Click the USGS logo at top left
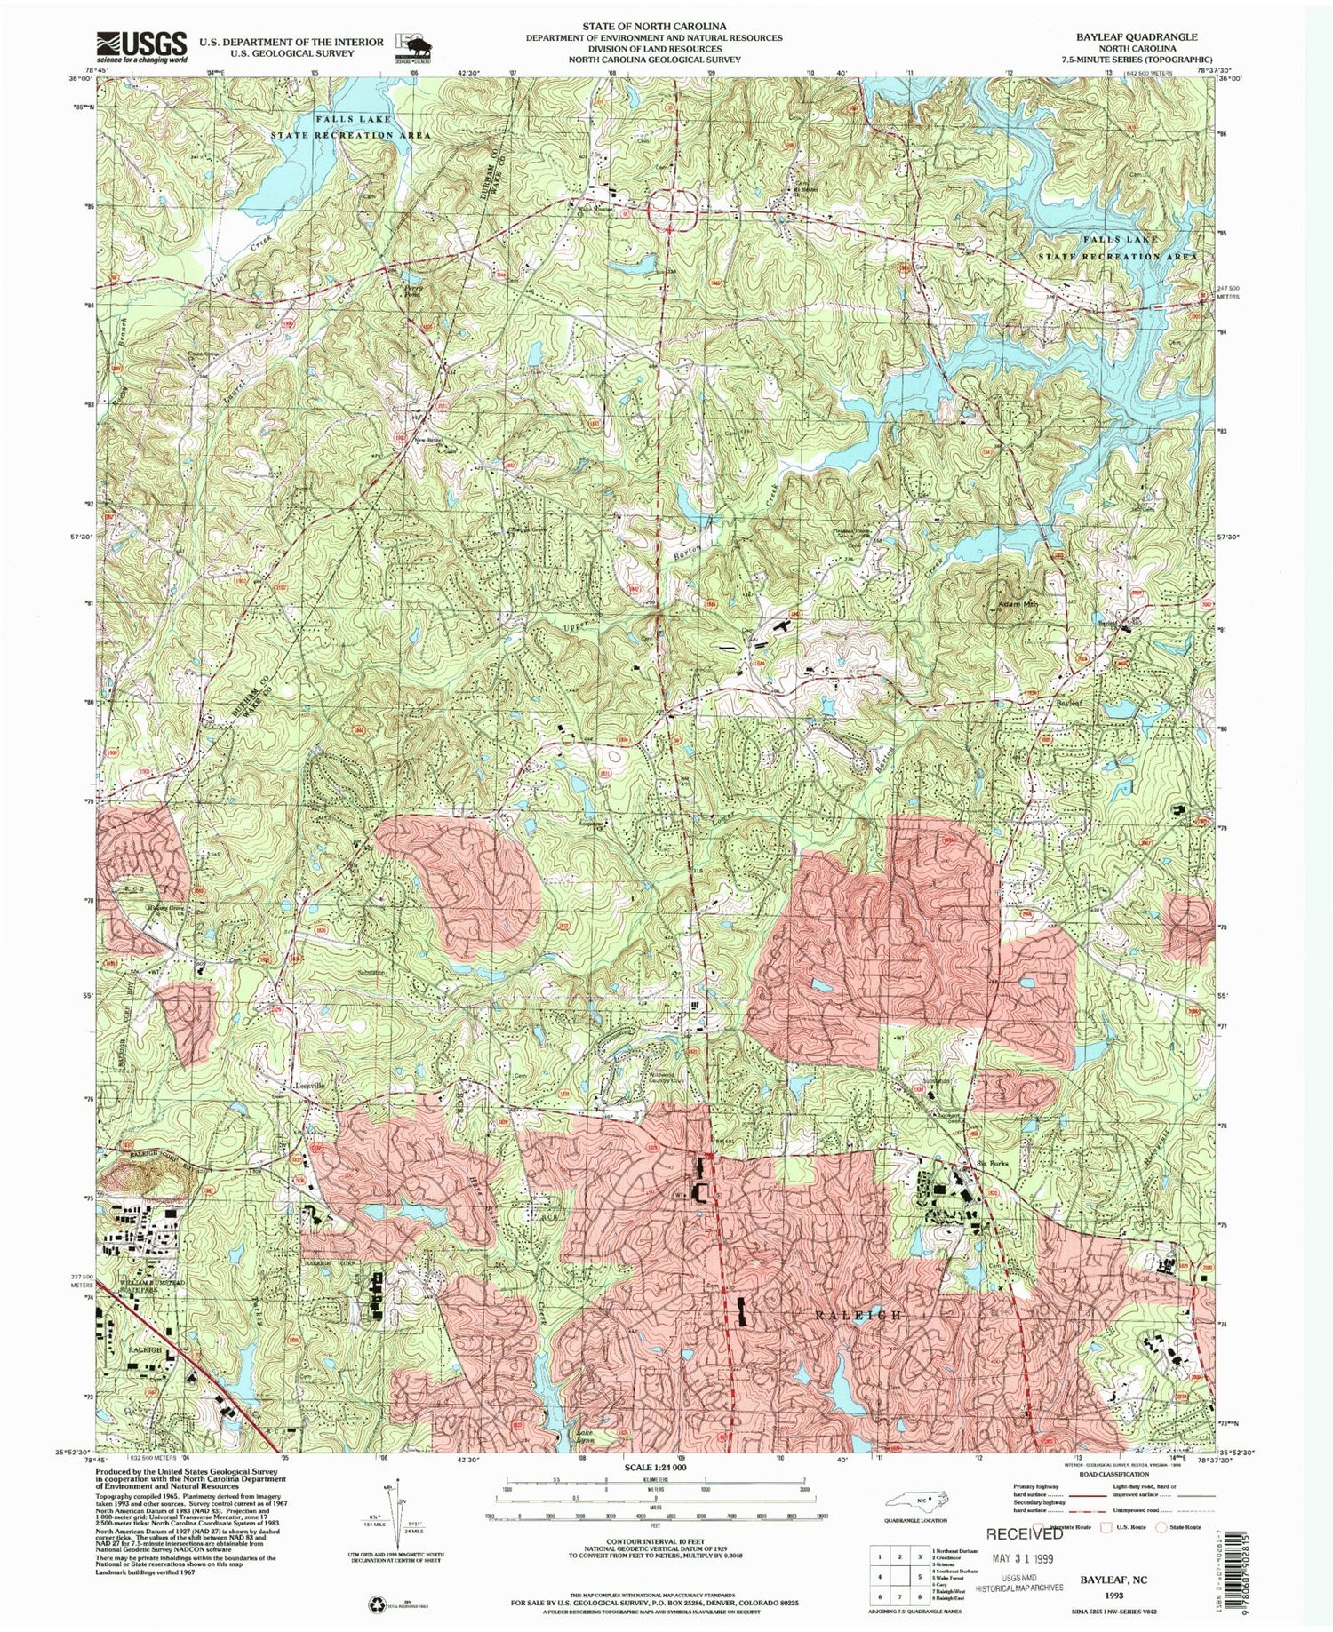142,45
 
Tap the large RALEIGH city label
859,1314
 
